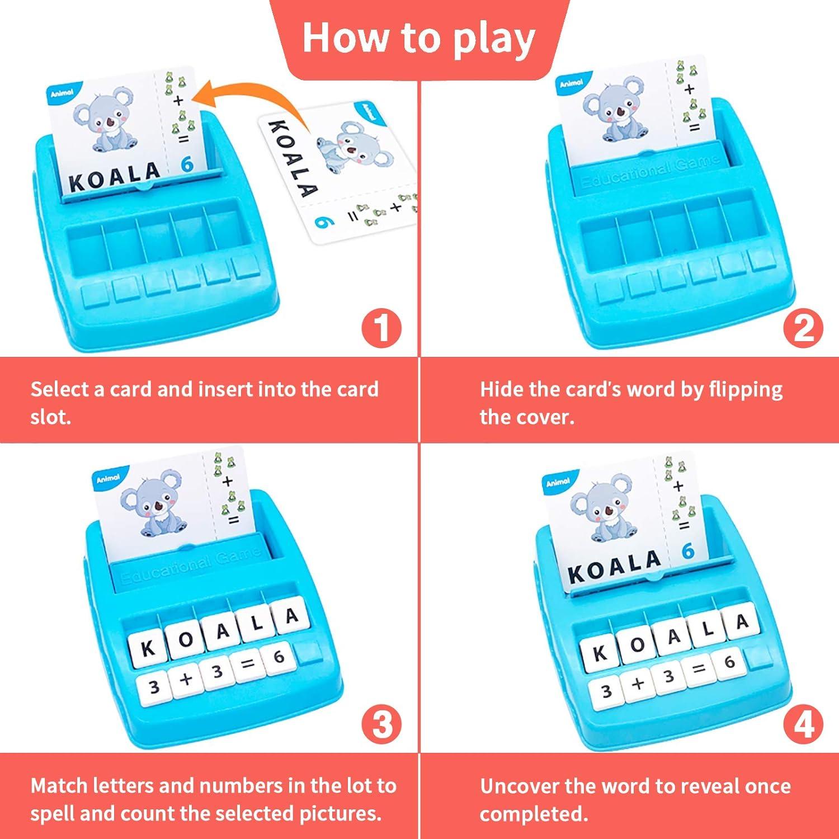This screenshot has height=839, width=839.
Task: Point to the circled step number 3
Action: tap(381, 724)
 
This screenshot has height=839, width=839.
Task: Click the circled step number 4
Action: tap(803, 725)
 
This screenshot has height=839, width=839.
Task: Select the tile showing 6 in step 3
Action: tap(278, 656)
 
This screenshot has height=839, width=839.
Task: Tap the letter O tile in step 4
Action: tap(637, 644)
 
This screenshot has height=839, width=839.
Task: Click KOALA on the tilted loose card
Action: tap(292, 158)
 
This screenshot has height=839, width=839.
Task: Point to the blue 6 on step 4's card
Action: tap(687, 551)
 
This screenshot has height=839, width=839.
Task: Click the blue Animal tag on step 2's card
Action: tap(571, 83)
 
